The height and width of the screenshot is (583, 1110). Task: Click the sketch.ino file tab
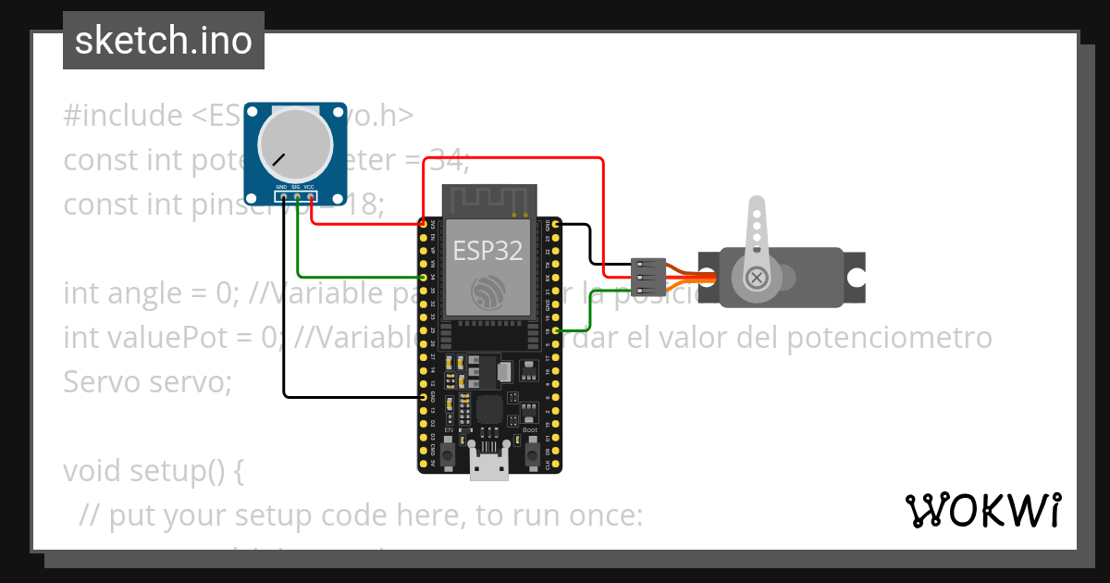(164, 41)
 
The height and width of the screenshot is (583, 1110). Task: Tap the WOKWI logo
(981, 510)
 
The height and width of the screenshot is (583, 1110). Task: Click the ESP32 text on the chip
(487, 249)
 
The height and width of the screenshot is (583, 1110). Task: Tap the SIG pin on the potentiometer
(297, 195)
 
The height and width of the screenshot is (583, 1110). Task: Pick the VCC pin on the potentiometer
(311, 195)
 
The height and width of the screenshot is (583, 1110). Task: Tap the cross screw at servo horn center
(758, 277)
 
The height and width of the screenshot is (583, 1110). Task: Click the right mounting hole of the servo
(857, 277)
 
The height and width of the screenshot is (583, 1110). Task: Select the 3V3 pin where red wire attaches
(424, 224)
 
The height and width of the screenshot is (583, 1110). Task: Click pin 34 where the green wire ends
(424, 277)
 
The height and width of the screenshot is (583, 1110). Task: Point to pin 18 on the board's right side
(555, 330)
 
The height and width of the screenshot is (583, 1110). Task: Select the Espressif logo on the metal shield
(487, 292)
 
